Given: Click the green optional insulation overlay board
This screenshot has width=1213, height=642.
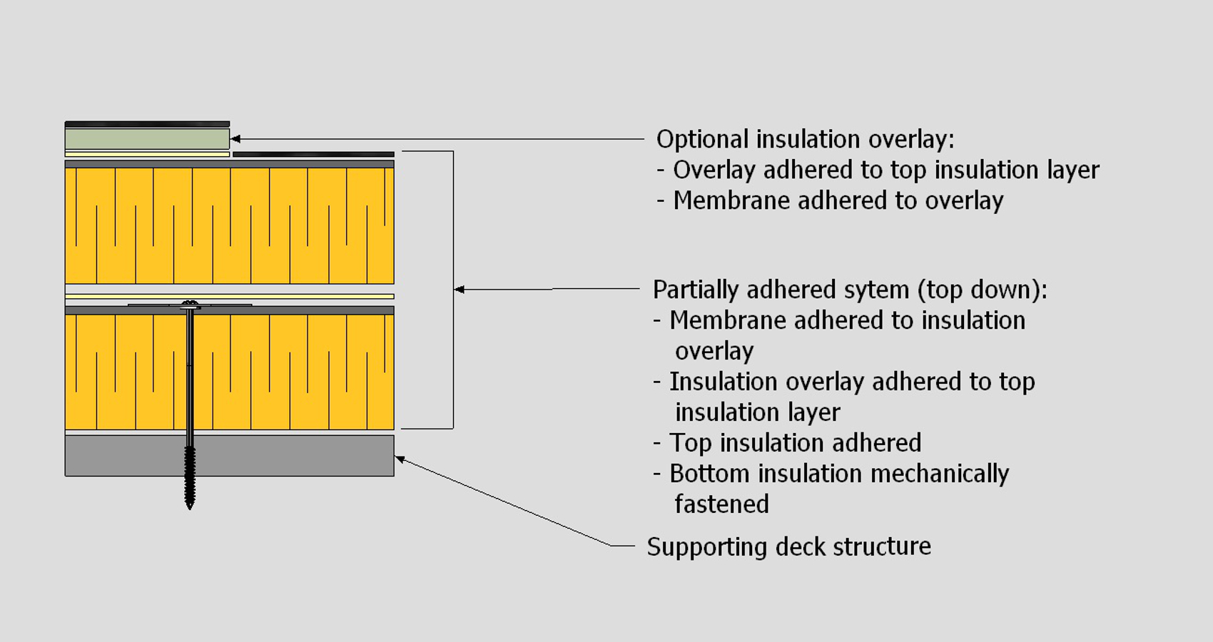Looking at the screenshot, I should point(147,138).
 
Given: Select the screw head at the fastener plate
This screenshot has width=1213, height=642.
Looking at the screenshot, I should point(190,305).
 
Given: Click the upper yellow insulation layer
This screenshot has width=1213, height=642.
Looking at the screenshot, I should point(229,225).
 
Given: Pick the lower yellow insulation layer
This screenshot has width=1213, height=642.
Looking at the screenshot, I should point(285,371).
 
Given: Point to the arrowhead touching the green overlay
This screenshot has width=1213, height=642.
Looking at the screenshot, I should point(235,139).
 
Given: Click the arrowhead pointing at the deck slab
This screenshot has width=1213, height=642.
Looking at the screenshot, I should point(400,459).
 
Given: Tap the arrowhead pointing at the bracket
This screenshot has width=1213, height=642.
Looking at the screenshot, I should point(460,290).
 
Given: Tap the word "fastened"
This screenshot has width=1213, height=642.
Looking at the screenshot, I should point(721,504).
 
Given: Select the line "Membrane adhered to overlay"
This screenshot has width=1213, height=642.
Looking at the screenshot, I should point(838,200).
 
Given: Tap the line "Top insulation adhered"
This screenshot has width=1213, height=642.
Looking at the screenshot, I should point(795,443).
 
